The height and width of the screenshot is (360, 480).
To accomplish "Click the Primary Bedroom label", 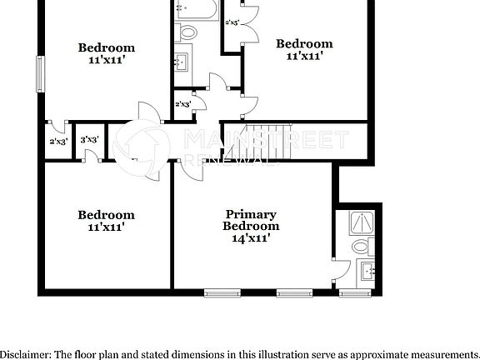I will click(x=251, y=219).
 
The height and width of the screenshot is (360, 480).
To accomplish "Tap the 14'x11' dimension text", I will click(x=251, y=237).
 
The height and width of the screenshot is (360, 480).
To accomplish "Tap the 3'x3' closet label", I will click(x=90, y=140).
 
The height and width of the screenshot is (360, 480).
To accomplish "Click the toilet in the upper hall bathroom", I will click(x=187, y=33).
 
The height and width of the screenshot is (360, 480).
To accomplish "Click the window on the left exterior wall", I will click(x=40, y=74).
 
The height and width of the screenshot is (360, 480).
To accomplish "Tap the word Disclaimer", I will click(x=24, y=353).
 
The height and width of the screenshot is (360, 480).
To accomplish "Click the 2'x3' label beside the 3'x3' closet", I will click(x=58, y=142).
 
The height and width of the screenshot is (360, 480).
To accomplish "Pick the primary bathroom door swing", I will click(x=342, y=271).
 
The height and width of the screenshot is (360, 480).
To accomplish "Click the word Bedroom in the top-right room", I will click(x=304, y=43).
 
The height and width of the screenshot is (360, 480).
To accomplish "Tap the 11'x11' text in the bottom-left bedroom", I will click(x=106, y=227).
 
